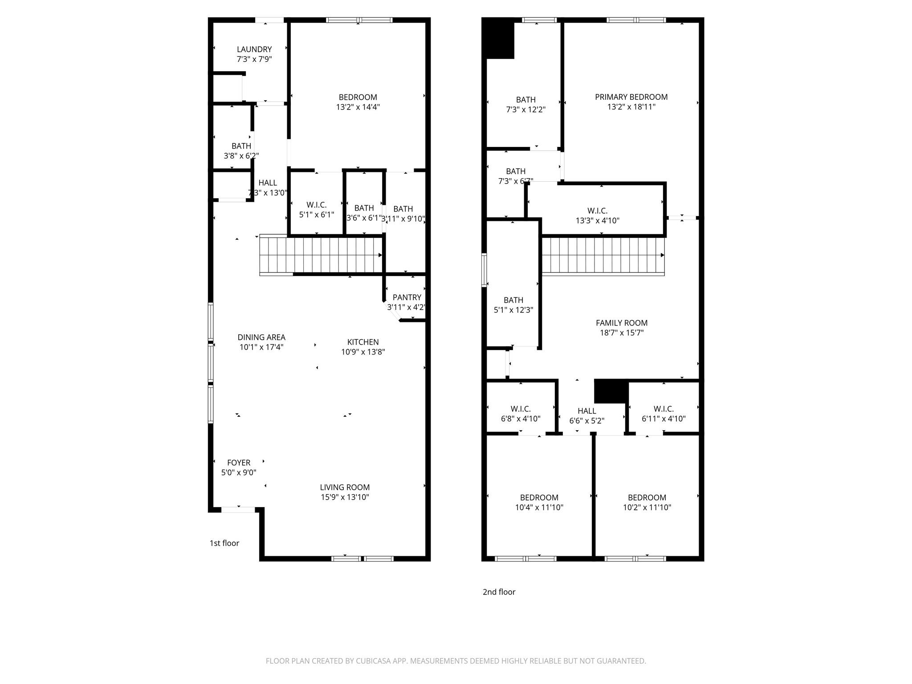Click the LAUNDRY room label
(254, 49)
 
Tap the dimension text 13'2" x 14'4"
(358, 107)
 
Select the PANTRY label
(407, 297)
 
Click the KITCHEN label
(363, 342)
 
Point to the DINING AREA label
(261, 338)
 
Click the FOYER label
(239, 463)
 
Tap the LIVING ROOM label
(345, 488)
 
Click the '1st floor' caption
(224, 543)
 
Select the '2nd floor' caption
(499, 592)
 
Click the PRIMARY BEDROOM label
(631, 97)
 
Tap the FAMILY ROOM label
(622, 323)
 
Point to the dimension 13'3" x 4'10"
(597, 220)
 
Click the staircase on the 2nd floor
(603, 255)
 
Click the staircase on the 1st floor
(321, 255)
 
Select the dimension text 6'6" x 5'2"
(586, 421)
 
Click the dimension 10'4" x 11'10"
(539, 507)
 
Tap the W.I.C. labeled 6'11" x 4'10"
(664, 409)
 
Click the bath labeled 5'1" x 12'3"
(513, 300)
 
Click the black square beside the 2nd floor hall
(611, 391)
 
